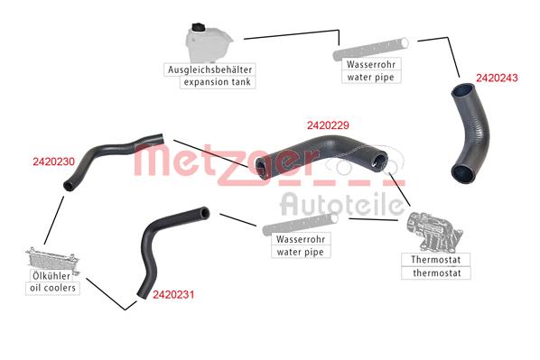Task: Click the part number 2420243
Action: [496, 78]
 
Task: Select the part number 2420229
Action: [328, 125]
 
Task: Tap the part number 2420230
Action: [53, 162]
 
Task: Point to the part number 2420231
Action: [173, 294]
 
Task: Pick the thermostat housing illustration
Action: [431, 233]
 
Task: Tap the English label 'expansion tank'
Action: [218, 82]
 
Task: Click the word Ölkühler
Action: [52, 275]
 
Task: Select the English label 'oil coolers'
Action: [52, 289]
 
